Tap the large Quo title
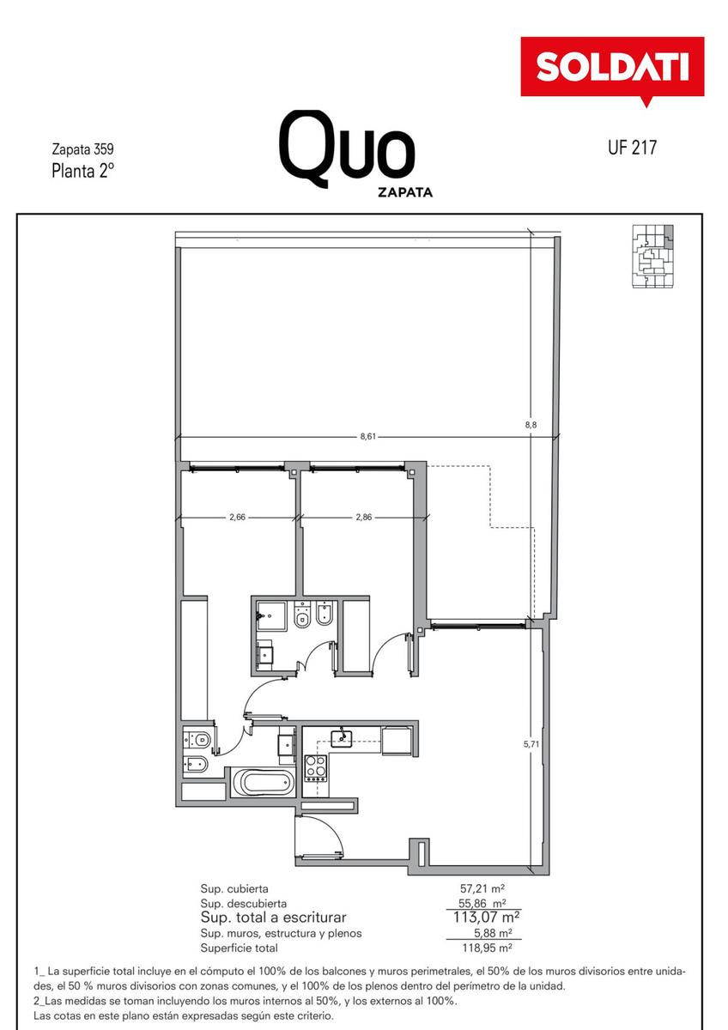(348, 148)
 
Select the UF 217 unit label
(633, 148)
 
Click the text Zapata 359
(82, 149)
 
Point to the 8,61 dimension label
(368, 436)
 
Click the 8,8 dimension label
(531, 425)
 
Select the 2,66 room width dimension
(237, 517)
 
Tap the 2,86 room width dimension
(364, 517)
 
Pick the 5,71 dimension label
(531, 743)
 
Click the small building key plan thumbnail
(653, 257)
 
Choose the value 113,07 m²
(486, 917)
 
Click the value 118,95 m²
(487, 948)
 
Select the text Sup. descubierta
(243, 904)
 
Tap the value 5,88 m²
(493, 933)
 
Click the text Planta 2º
(82, 171)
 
